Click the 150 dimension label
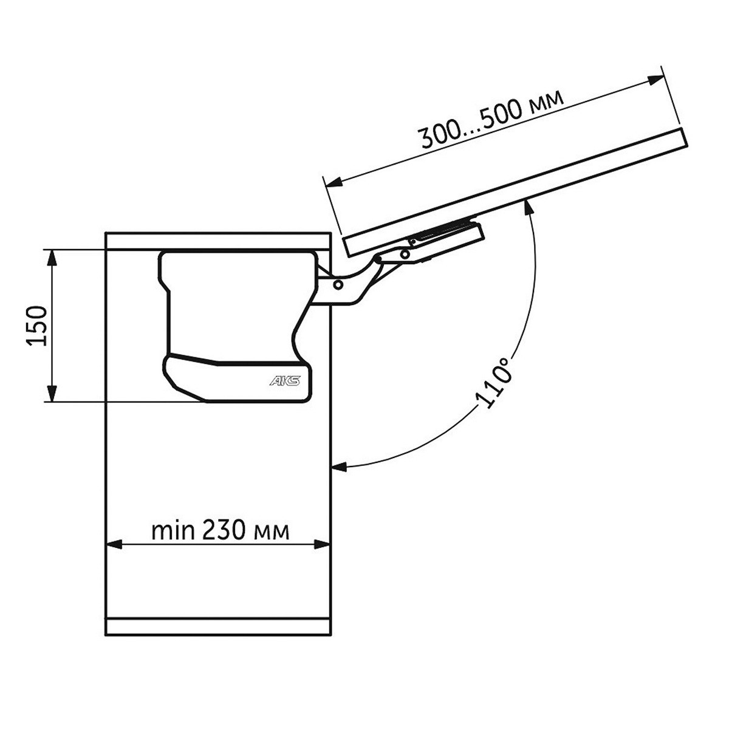tap(36, 326)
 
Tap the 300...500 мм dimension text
tap(491, 119)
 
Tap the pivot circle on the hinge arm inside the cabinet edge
tap(338, 284)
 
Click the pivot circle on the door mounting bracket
tap(405, 254)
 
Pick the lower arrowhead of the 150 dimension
tap(52, 393)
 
